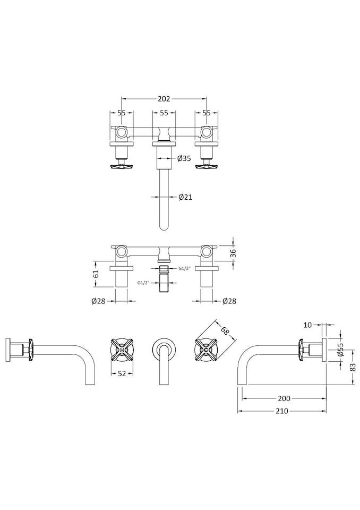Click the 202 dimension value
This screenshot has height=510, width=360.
coord(164,99)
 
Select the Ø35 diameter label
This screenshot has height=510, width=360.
coord(184,158)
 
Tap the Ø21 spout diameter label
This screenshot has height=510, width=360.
coord(185,197)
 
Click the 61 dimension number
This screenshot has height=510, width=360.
coord(96,274)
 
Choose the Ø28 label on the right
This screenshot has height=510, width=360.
coord(229,301)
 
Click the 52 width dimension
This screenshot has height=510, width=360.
coord(122,373)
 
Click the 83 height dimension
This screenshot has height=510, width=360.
coord(353,367)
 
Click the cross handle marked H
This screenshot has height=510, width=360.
coord(122,350)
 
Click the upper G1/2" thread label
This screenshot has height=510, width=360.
coord(185,269)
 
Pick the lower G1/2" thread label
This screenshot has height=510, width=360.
coord(145,283)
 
